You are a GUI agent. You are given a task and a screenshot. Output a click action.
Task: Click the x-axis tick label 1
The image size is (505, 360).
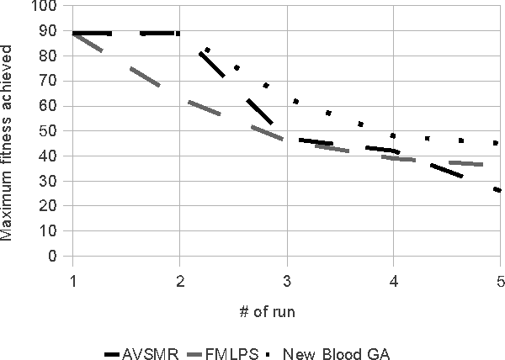(x=73, y=280)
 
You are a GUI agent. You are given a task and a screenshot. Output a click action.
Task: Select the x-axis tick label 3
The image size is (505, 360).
(x=287, y=280)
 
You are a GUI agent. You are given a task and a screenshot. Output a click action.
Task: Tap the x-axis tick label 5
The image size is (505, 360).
(x=500, y=280)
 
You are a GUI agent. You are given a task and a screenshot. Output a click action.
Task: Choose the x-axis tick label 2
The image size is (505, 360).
(x=180, y=280)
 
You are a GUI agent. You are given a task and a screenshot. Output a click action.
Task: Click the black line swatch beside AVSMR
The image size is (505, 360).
(x=117, y=347)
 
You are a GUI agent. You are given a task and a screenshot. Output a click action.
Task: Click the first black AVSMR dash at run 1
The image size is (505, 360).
(x=93, y=34)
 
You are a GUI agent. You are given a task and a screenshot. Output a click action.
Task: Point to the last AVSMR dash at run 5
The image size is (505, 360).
(x=497, y=190)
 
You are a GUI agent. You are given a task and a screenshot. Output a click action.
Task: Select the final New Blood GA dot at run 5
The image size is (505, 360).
(x=496, y=143)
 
